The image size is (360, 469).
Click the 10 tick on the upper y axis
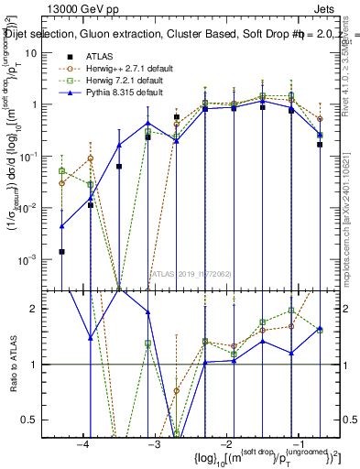31,53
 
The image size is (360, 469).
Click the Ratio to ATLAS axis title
12,364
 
